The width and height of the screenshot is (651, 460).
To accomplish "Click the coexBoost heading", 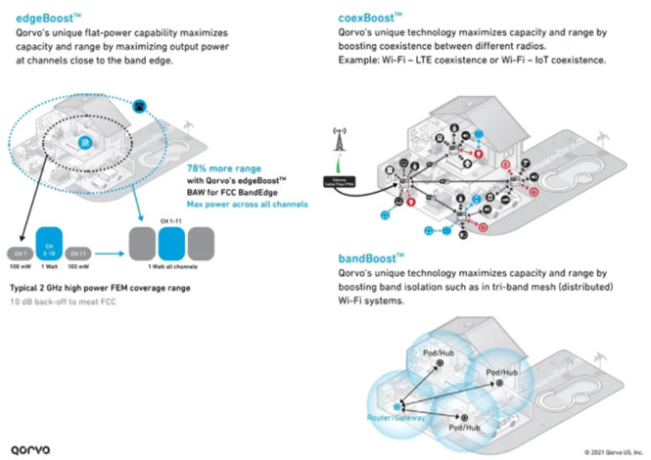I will [370, 16].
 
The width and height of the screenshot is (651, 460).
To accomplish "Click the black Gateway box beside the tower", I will [344, 179].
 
